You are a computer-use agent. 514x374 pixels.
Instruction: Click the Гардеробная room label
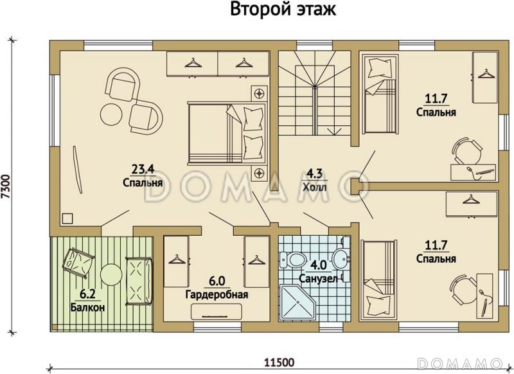coord(217,295)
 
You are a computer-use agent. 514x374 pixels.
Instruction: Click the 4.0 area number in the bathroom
coord(319,263)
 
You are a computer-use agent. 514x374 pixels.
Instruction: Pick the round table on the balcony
coord(110,274)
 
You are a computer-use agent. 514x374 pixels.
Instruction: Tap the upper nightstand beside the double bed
coord(260,93)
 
